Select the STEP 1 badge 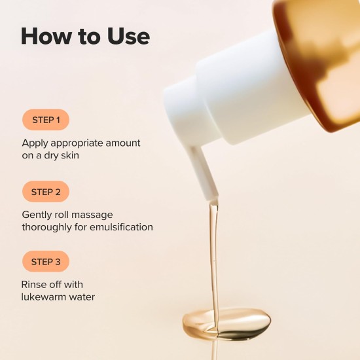(46, 120)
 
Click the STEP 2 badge (46, 192)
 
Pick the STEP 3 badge (46, 262)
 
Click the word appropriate (78, 143)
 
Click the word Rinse (35, 285)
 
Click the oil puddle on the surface (226, 324)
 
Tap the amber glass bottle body (321, 59)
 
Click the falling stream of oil (213, 262)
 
